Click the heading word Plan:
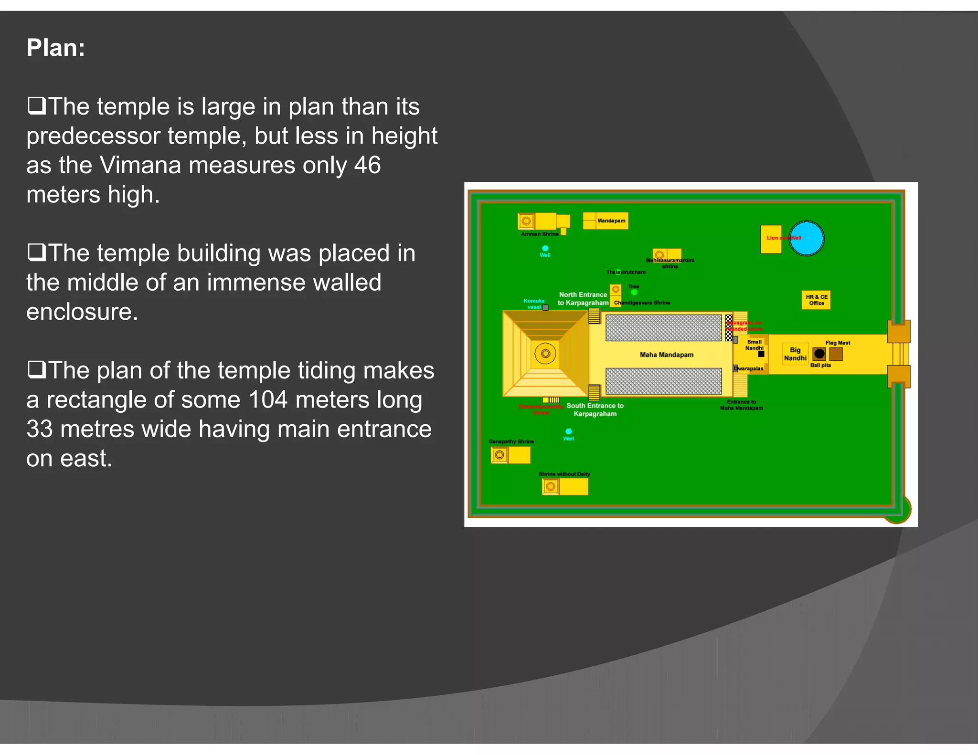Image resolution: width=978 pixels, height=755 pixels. (56, 48)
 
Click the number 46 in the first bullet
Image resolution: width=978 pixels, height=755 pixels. (367, 166)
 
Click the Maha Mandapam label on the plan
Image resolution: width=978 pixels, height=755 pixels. (666, 355)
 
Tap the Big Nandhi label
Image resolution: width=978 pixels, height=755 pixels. (795, 354)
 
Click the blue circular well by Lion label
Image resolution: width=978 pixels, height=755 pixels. (807, 238)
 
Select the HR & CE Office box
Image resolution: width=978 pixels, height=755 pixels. (816, 300)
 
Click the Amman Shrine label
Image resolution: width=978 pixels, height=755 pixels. (540, 234)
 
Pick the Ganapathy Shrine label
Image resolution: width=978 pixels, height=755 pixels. (511, 441)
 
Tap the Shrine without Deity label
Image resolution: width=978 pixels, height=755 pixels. (564, 474)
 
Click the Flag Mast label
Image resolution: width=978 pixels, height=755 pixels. (838, 343)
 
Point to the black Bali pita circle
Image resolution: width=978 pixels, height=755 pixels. (819, 354)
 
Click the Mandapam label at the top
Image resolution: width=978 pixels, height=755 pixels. (611, 220)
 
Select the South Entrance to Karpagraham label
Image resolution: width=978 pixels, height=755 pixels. (595, 409)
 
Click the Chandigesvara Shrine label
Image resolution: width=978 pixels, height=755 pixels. (642, 303)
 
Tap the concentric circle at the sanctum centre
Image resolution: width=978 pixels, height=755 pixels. (545, 354)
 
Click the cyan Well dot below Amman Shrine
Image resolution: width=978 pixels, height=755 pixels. (545, 248)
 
